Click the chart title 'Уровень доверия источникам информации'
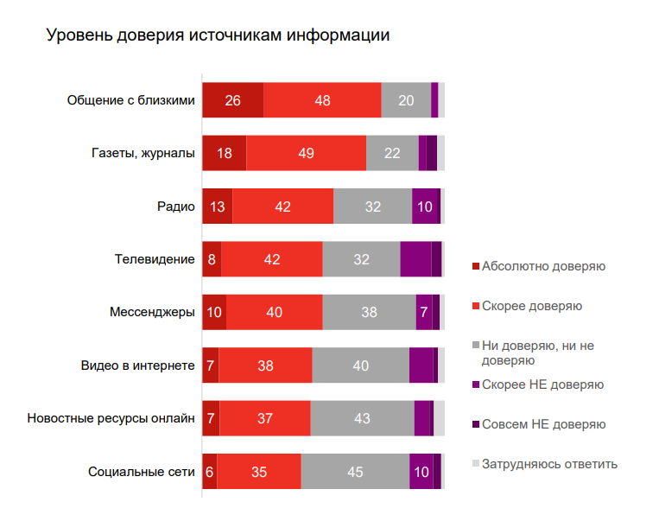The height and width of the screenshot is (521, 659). [218, 36]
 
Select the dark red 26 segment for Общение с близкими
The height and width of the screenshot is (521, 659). [232, 100]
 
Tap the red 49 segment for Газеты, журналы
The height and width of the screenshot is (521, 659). [306, 154]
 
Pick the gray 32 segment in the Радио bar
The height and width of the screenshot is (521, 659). [372, 206]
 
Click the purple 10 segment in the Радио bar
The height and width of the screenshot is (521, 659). [424, 206]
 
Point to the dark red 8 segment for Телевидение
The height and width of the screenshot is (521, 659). [212, 259]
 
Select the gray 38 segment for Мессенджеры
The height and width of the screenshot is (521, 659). [369, 312]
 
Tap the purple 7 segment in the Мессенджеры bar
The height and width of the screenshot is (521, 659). [424, 312]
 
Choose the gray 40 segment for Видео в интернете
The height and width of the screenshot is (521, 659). [360, 365]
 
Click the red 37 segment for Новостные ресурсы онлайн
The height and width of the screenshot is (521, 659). [265, 418]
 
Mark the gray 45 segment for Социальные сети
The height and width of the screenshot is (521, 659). [355, 472]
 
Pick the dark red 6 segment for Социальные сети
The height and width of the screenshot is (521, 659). [209, 472]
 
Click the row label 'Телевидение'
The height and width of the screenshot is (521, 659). [155, 259]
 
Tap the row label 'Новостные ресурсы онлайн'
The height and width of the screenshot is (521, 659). [111, 418]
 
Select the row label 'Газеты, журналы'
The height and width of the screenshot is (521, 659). [143, 154]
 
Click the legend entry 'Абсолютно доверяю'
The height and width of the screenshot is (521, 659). [543, 266]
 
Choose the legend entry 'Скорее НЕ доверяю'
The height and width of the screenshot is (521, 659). [542, 384]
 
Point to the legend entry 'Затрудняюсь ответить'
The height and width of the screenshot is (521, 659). [549, 464]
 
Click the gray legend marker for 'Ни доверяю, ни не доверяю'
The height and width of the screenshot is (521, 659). [475, 346]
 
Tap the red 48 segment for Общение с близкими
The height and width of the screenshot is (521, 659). [322, 100]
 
